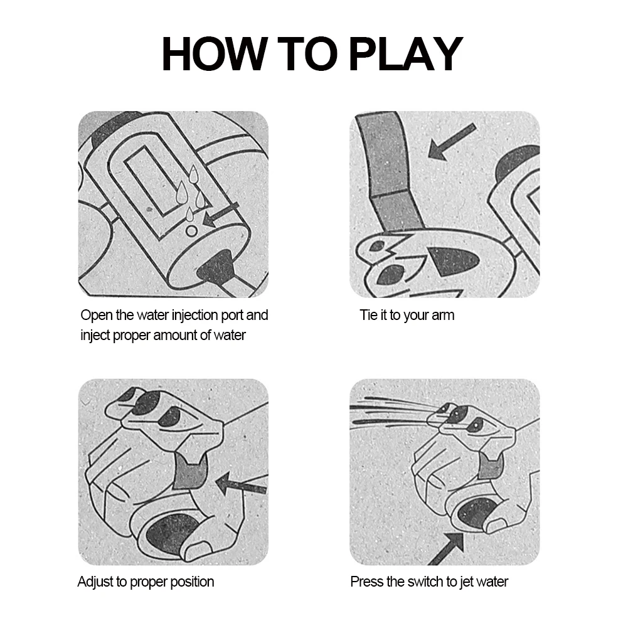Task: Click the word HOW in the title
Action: (215, 54)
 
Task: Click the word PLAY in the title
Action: (407, 54)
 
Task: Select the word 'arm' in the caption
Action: (442, 316)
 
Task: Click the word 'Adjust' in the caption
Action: (95, 582)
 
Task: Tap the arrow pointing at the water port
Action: (221, 215)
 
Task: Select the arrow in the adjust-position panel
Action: (241, 484)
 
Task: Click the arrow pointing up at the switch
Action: (446, 549)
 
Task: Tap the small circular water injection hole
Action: (191, 231)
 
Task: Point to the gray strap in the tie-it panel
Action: (388, 173)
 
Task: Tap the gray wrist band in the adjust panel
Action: (191, 472)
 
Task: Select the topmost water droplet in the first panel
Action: (193, 173)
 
